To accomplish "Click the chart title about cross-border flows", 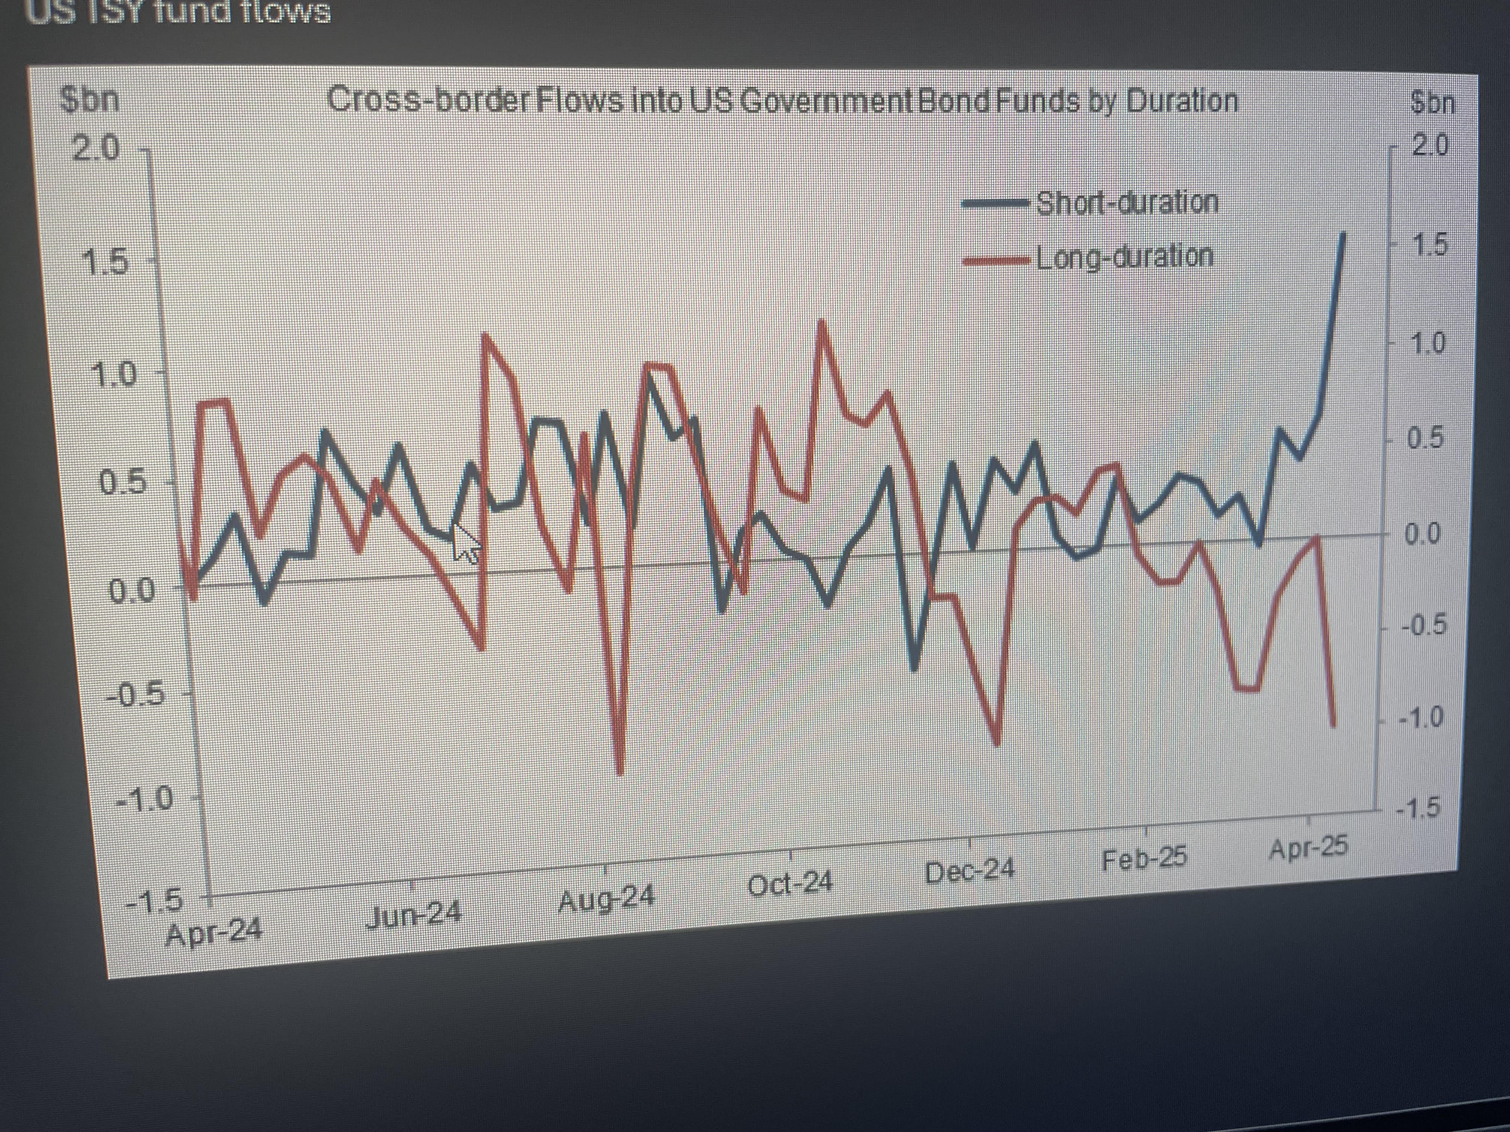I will tap(782, 101).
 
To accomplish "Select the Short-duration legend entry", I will tap(1127, 203).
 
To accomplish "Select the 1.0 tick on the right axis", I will tap(1428, 343).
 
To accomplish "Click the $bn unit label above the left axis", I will tap(90, 100).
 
